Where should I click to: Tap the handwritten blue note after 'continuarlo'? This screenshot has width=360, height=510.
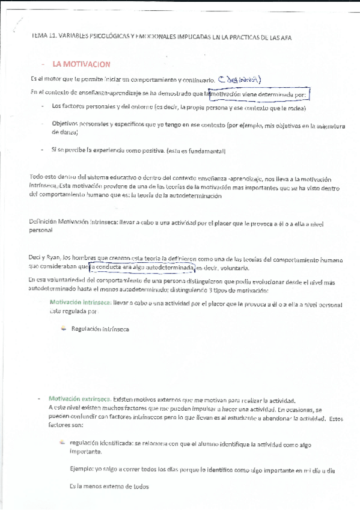[x=239, y=80]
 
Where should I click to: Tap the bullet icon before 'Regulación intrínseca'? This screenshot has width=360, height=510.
[x=63, y=329]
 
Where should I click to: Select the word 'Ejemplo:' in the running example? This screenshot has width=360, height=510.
[x=81, y=469]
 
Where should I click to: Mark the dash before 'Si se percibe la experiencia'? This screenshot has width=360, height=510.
[x=43, y=150]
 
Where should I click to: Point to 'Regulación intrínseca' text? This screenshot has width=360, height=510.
[x=100, y=330]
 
